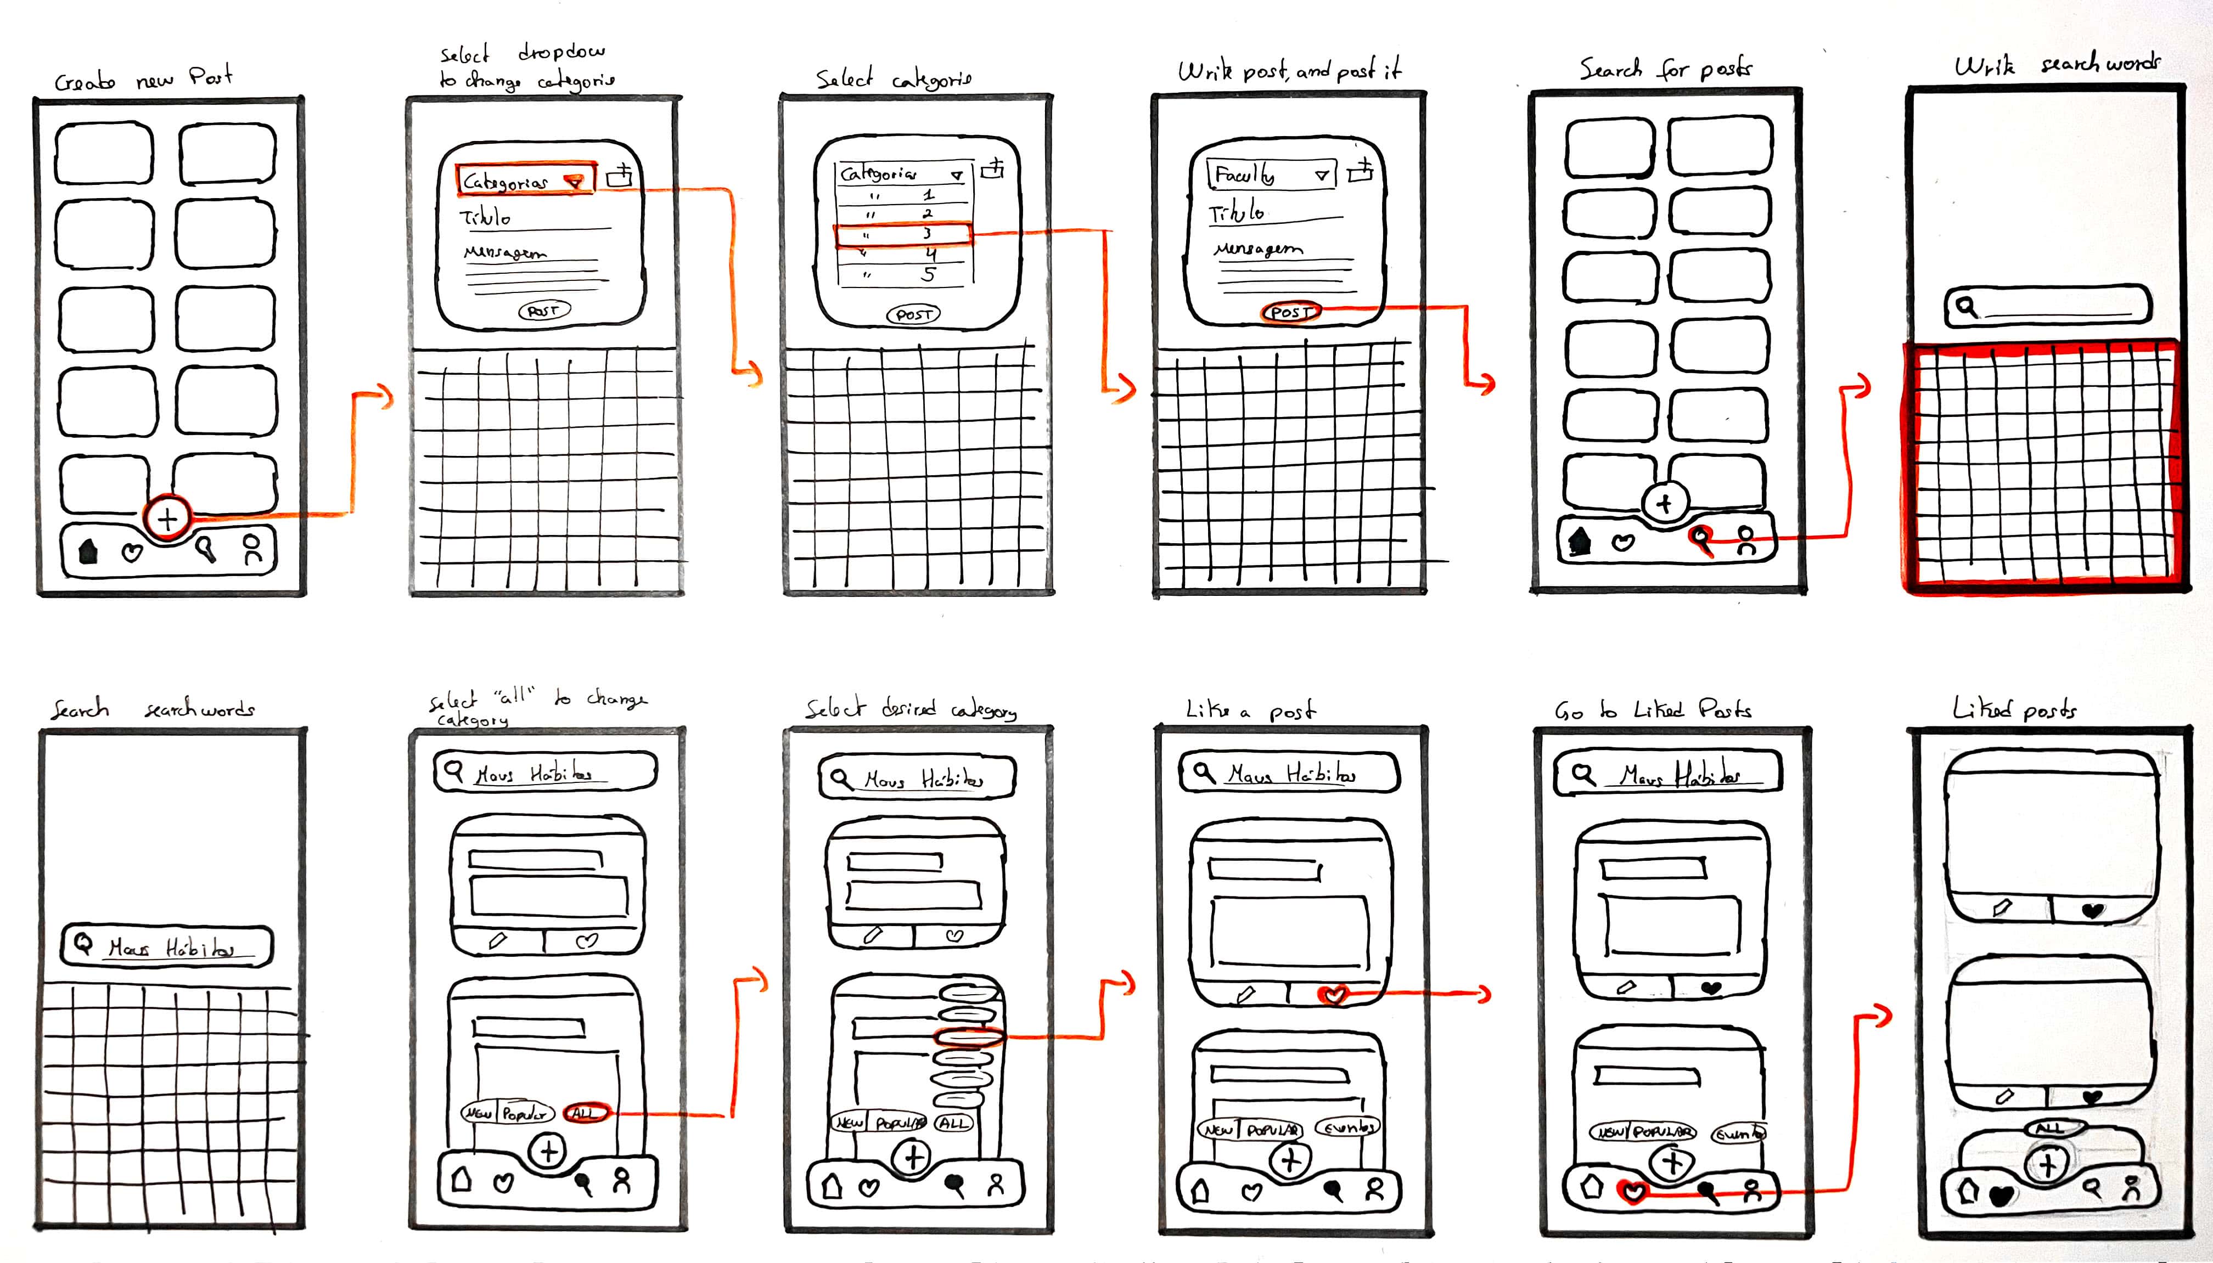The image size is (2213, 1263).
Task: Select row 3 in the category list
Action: click(x=902, y=234)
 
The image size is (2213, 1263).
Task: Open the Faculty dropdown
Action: click(x=1271, y=175)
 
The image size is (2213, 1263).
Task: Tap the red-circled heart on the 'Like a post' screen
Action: click(x=1333, y=995)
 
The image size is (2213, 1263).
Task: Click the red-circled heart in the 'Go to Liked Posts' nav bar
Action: click(x=1633, y=1192)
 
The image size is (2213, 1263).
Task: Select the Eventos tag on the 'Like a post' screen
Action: click(x=1347, y=1127)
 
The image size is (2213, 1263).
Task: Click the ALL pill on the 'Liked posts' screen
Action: click(x=2051, y=1127)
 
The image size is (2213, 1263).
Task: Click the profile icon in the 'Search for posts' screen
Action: click(x=1746, y=542)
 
